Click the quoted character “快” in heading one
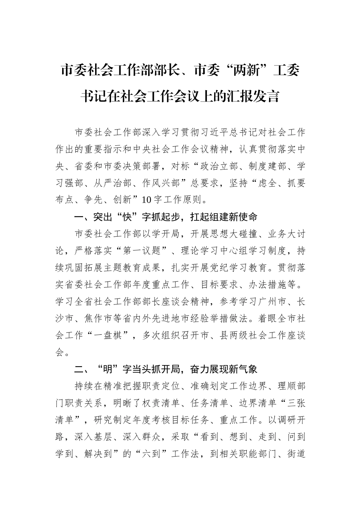point(124,217)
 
